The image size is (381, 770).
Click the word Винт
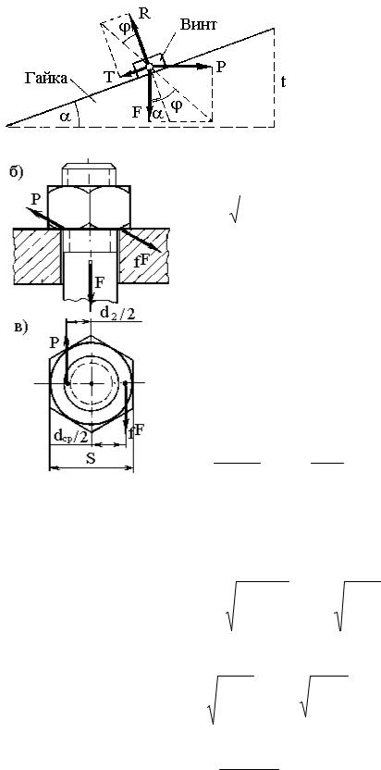coord(198,25)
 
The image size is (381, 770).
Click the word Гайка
coord(45,78)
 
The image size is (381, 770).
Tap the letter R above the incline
coord(144,13)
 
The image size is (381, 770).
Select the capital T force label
coord(108,76)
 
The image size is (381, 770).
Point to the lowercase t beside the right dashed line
coord(283,81)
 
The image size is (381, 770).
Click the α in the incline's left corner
coord(65,117)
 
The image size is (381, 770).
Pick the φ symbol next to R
coord(126,27)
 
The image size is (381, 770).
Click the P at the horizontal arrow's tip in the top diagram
coord(221,67)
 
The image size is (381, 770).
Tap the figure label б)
coord(17,173)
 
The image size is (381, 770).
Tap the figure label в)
coord(21,328)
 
